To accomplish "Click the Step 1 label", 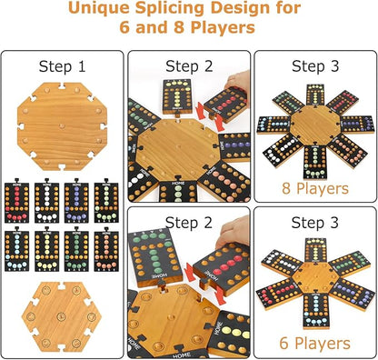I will pos(64,67).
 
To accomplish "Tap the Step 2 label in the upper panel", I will pos(189,67).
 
